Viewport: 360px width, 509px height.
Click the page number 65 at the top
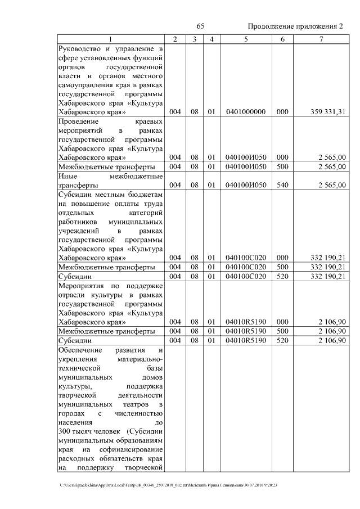pos(200,27)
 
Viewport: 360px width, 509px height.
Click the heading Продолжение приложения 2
pos(295,27)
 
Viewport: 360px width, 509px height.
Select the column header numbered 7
pos(321,39)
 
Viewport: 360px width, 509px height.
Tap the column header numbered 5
pos(246,39)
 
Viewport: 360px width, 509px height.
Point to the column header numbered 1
pos(110,39)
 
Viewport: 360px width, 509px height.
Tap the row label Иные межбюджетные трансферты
pos(110,181)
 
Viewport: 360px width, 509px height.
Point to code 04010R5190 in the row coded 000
pos(245,322)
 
